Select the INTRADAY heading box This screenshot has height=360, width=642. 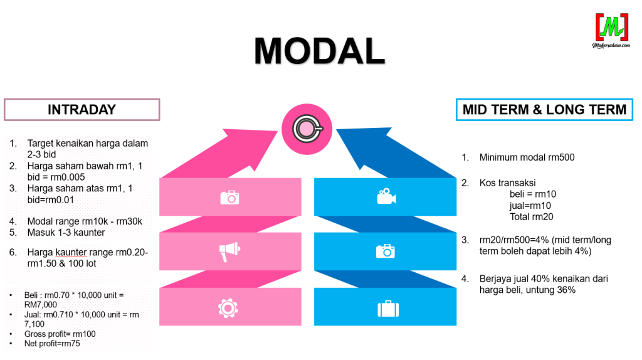tap(82, 109)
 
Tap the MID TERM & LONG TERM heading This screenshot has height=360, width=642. tap(544, 109)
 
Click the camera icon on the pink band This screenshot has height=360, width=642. tap(230, 197)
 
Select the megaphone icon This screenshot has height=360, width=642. tap(229, 251)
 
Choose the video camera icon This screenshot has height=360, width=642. tap(386, 197)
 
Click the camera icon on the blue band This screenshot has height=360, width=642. tap(386, 251)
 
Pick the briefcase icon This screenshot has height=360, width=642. tap(386, 308)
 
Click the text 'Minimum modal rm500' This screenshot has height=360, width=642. tap(527, 157)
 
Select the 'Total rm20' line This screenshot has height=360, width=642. tap(532, 217)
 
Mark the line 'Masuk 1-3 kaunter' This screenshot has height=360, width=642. tap(66, 233)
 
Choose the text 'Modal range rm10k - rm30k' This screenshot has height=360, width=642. tap(85, 221)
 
